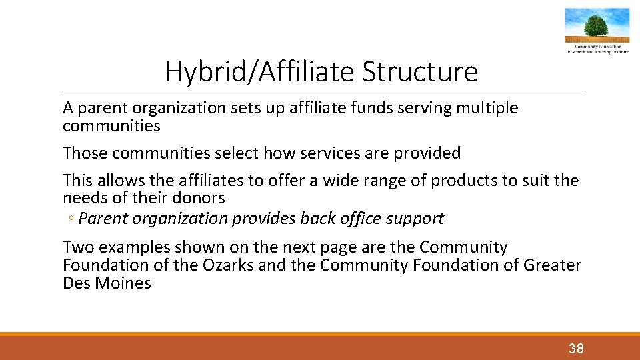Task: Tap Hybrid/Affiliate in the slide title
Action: coord(260,72)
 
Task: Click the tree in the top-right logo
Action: coord(596,27)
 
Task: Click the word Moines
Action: coord(123,283)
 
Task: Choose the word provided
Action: coord(427,153)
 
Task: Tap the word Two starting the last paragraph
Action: coord(78,247)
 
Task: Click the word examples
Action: coord(131,247)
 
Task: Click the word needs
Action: coord(83,198)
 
